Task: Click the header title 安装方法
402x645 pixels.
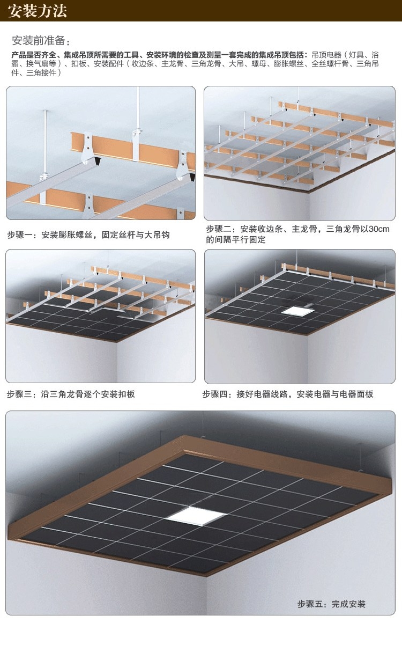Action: tap(38, 11)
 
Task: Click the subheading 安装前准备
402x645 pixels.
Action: tap(39, 41)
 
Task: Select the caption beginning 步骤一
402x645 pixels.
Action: tap(88, 234)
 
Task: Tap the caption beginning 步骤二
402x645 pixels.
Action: tap(297, 234)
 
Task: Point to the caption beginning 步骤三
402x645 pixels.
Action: tap(71, 394)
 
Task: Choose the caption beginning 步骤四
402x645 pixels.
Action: tap(288, 394)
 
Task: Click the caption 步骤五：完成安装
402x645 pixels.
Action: tap(331, 604)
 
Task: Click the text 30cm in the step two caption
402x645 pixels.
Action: tap(379, 229)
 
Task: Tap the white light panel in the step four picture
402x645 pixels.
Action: tap(294, 310)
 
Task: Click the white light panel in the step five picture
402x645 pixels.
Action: tap(196, 516)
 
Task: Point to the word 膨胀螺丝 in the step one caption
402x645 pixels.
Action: tap(76, 234)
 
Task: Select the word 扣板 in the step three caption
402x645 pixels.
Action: tap(126, 394)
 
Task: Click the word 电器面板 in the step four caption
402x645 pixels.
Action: tap(356, 394)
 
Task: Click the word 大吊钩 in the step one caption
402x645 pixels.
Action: tap(157, 234)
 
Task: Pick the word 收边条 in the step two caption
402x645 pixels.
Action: tap(270, 229)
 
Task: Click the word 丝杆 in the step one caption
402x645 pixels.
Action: tap(127, 234)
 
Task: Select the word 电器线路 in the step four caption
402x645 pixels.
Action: tap(271, 394)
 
